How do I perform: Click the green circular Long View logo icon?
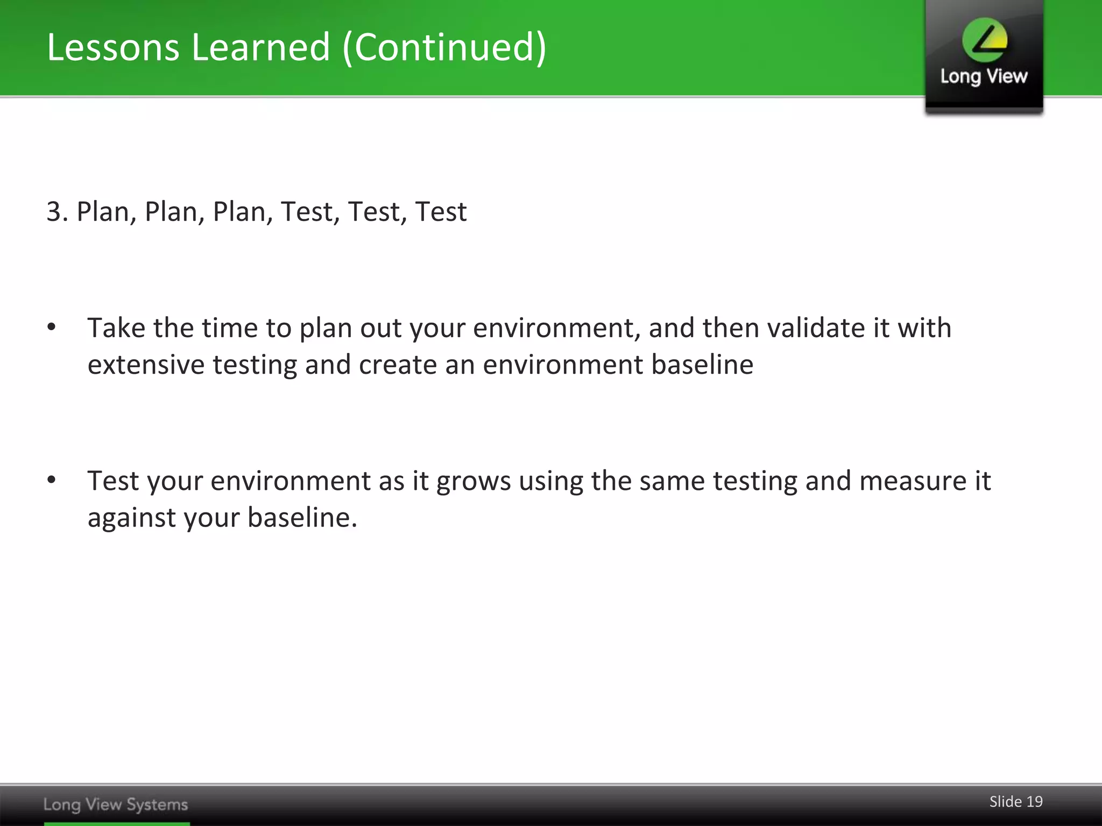[x=985, y=40]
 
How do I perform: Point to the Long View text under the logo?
[x=984, y=77]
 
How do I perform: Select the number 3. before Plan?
[x=57, y=211]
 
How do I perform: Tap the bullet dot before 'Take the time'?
[x=52, y=327]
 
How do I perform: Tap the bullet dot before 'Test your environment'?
[x=52, y=480]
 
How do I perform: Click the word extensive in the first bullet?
[x=146, y=365]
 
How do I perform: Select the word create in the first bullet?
[x=398, y=365]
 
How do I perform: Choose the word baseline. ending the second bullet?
[x=302, y=517]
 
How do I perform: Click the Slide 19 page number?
[x=1016, y=802]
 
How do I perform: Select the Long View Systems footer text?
[x=116, y=804]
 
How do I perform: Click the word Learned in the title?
[x=261, y=47]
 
